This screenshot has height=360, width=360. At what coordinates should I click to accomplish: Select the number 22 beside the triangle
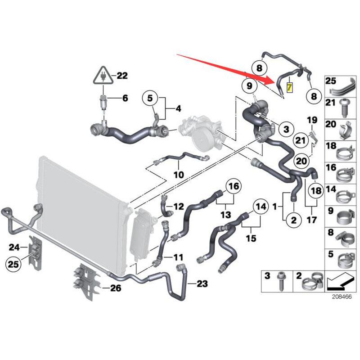(122, 76)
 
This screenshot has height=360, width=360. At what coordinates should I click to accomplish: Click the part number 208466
(342, 297)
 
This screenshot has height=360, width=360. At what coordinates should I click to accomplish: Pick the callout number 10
(179, 174)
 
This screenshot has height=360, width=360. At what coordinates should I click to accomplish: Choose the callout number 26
(116, 288)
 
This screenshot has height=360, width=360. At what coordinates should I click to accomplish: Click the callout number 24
(14, 247)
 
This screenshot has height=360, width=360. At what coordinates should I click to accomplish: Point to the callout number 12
(179, 207)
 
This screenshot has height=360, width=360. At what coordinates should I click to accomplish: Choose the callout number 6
(125, 98)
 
